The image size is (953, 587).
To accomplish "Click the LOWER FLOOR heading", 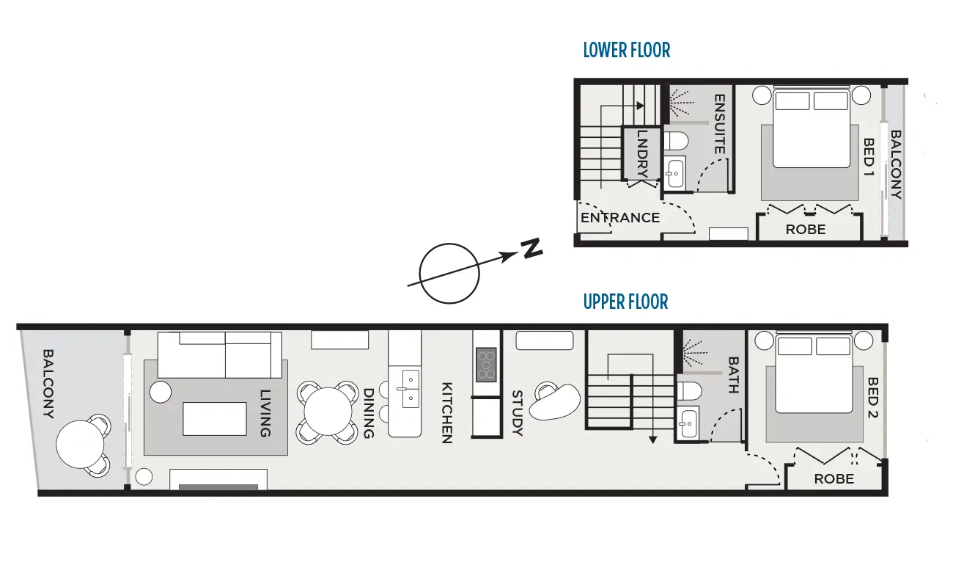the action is (626, 51).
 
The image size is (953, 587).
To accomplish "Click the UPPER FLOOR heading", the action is (625, 302).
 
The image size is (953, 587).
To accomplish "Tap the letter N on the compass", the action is (531, 248).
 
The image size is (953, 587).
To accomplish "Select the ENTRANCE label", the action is (620, 218).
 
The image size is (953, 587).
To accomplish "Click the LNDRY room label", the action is (642, 154).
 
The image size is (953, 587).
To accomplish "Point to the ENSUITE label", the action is (719, 124).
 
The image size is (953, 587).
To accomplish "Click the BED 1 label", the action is (869, 157).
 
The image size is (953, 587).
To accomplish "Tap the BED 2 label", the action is (872, 398).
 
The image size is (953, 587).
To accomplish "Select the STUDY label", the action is (517, 413).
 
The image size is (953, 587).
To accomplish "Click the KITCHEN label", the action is (446, 413).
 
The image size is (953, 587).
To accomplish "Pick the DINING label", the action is (369, 413).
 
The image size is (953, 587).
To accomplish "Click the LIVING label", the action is (265, 413).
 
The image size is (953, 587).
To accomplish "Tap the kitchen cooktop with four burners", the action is (486, 364).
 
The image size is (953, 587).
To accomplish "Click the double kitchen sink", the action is (411, 389).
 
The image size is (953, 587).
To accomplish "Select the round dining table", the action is (328, 412).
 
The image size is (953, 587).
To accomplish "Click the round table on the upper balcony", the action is (80, 445).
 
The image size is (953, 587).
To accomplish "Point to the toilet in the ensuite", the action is (676, 141).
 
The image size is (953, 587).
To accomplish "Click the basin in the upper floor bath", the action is (688, 423).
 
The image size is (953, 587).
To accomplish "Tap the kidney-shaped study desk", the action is (555, 401).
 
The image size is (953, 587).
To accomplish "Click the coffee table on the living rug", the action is (214, 419).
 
